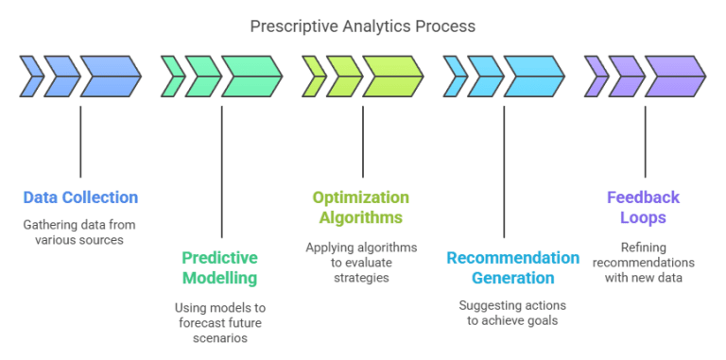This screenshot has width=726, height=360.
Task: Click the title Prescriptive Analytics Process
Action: click(362, 26)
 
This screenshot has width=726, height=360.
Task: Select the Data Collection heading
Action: click(80, 197)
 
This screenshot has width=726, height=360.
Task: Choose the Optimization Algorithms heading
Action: click(361, 208)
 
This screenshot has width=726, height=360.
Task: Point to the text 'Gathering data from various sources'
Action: click(80, 232)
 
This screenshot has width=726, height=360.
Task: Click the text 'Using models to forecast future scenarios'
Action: click(220, 322)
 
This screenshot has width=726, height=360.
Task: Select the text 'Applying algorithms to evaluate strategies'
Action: click(361, 263)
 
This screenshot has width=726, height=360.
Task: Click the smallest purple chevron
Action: click(596, 77)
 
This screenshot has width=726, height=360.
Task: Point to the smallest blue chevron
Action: click(32, 77)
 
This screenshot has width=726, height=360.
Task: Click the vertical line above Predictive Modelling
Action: click(221, 170)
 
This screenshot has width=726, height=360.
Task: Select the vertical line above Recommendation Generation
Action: click(504, 170)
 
